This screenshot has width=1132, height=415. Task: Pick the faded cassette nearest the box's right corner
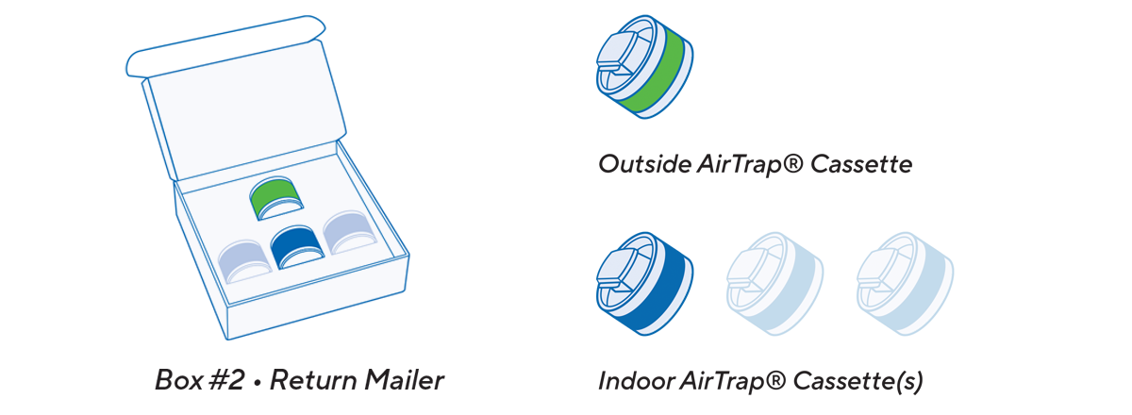(x=349, y=232)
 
